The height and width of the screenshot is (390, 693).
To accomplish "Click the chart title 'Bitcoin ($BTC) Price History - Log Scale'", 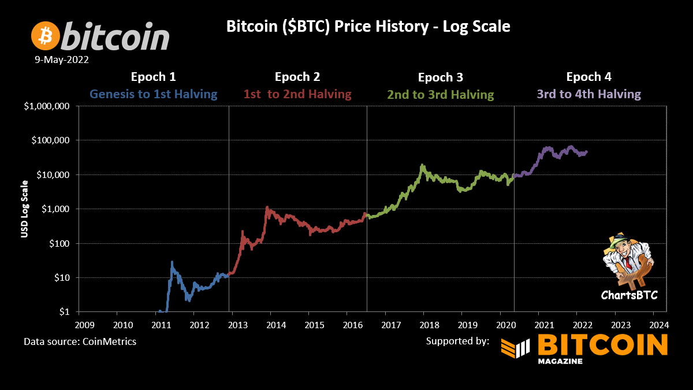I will click(368, 27).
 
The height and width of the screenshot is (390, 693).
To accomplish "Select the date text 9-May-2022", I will click(61, 60).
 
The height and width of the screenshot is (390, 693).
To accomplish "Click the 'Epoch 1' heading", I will click(153, 77).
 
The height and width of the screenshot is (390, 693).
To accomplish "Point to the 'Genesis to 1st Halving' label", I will click(153, 94).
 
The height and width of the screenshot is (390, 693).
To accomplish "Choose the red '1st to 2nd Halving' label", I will click(297, 94).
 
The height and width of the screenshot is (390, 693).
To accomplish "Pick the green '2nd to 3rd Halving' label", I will click(441, 94).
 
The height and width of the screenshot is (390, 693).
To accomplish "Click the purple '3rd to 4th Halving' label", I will click(588, 94).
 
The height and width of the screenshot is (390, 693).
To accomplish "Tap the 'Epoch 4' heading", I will click(588, 77).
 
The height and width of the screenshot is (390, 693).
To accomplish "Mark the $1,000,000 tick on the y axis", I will click(47, 106).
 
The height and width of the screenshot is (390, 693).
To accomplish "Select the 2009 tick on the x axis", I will click(85, 324).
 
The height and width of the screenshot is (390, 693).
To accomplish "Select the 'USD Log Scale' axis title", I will click(24, 209).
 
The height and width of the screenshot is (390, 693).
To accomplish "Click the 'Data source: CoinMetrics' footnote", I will click(80, 341).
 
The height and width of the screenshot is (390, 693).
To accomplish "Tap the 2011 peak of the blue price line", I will click(172, 262).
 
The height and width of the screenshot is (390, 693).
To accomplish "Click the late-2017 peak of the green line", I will click(423, 165).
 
